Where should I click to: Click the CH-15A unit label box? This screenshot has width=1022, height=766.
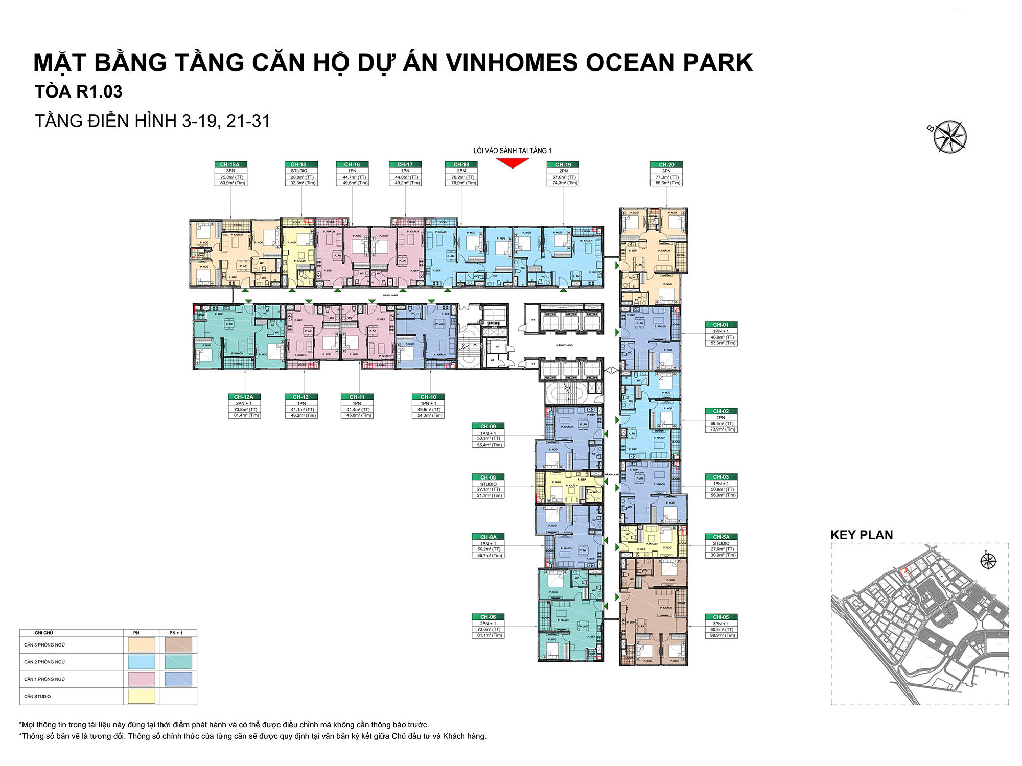tap(230, 174)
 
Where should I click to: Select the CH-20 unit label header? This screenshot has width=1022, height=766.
tap(666, 164)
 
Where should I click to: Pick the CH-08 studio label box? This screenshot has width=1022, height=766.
tap(488, 486)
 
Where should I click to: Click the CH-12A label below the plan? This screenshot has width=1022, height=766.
tap(244, 406)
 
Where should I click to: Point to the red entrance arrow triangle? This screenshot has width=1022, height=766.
tap(512, 163)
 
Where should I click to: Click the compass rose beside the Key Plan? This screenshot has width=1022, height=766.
tap(988, 561)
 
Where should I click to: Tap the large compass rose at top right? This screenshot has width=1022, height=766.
tap(950, 136)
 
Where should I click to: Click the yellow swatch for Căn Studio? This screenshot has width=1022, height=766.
tap(141, 696)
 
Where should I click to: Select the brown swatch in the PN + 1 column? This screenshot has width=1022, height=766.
tap(178, 644)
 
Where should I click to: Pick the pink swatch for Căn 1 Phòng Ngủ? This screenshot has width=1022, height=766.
tap(141, 679)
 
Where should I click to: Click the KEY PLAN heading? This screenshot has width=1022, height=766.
tap(862, 535)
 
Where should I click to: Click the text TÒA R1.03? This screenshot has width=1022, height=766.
tap(79, 92)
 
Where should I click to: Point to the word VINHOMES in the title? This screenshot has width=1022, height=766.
tap(512, 63)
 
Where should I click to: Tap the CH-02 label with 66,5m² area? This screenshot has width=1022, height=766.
tap(721, 420)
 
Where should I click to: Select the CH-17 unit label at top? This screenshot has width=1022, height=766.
tap(405, 174)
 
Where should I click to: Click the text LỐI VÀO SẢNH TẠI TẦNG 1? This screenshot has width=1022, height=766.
tap(512, 151)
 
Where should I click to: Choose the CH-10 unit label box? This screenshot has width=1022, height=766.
tap(428, 406)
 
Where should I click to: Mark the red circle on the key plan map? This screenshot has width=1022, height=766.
tap(907, 570)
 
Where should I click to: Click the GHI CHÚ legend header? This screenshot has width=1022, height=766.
tap(43, 633)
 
